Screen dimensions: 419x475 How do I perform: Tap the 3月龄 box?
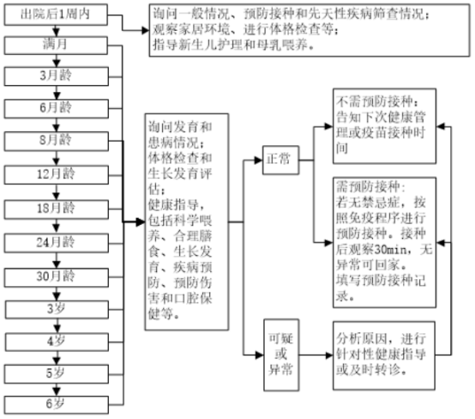56,75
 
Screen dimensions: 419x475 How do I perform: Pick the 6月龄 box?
56,107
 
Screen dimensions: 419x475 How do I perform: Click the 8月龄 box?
56,140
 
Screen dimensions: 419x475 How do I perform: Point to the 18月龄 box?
56,207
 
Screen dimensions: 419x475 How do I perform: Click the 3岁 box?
56,307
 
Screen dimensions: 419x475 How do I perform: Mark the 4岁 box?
56,340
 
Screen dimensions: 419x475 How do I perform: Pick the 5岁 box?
56,373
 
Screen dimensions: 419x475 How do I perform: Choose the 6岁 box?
56,404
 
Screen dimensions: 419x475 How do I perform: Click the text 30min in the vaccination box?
397,248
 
